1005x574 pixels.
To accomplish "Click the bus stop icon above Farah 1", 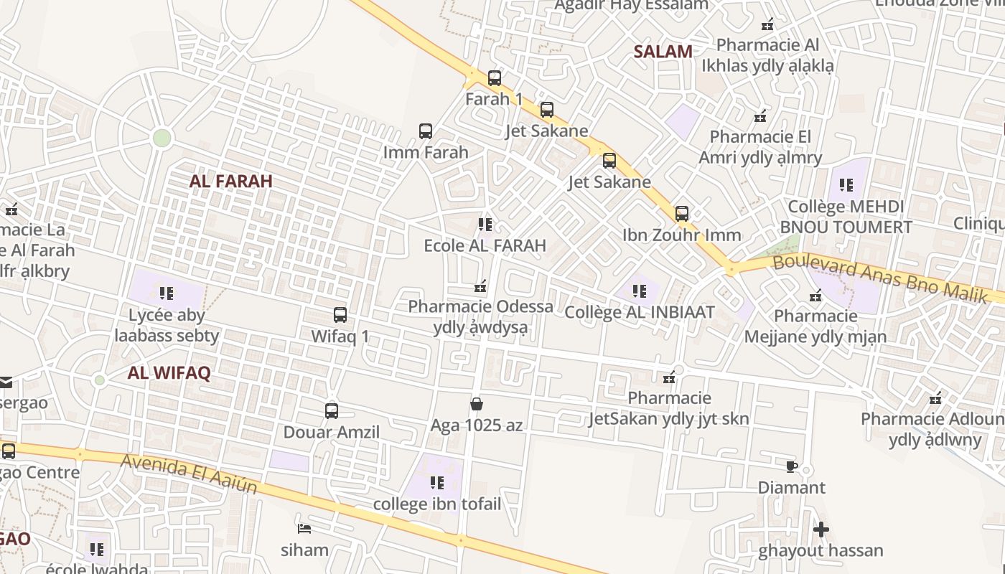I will click(x=494, y=77).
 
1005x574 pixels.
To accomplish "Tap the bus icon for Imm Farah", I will click(x=426, y=131).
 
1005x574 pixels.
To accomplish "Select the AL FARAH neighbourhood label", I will click(x=230, y=181).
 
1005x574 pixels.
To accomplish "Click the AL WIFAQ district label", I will click(x=169, y=373).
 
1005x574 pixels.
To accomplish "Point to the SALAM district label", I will click(x=663, y=52).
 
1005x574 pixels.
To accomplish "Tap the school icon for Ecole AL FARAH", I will click(x=485, y=225).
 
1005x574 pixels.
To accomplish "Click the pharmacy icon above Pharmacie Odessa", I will click(x=480, y=287).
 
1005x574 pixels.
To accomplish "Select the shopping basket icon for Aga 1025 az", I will click(x=476, y=405).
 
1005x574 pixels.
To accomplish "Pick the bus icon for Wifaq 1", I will click(x=340, y=315).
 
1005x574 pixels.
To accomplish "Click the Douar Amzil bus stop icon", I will click(x=331, y=411).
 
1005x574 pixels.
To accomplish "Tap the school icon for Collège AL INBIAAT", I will click(x=639, y=291).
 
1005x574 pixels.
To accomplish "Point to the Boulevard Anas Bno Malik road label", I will click(x=879, y=279).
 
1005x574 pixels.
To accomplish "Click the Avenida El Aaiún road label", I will click(x=189, y=474).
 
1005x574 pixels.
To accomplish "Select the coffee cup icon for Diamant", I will click(x=791, y=467).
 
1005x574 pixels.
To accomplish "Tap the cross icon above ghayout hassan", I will click(x=821, y=530).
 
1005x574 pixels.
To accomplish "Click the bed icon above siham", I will click(x=304, y=530).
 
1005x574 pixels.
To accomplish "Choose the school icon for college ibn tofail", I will click(x=436, y=483).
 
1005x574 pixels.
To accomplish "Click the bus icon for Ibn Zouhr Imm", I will click(x=681, y=214).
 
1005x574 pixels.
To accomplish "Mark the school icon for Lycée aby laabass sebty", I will click(x=167, y=293).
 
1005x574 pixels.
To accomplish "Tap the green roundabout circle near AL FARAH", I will click(x=162, y=138).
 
